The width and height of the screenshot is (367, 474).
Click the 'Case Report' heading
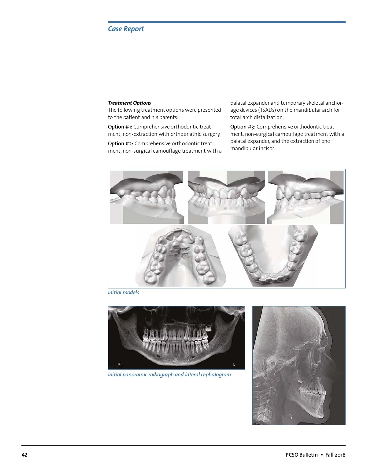126,29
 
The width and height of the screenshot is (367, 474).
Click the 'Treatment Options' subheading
129,103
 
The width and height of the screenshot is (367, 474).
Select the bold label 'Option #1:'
120,127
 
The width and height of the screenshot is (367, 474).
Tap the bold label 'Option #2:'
120,143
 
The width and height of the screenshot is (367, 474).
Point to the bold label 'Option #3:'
243,127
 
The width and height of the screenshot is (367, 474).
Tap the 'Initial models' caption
123,292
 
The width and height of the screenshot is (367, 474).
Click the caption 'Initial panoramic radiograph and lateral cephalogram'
169,374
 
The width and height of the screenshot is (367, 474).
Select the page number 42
24,455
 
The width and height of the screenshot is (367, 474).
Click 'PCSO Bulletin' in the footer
302,455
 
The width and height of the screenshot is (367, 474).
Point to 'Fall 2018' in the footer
335,455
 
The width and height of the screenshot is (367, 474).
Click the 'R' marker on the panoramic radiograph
119,364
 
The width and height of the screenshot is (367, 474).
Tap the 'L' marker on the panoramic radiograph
234,364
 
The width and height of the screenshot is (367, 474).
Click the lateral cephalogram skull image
299,366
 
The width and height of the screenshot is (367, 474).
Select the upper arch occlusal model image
180,256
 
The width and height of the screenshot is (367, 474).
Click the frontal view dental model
226,197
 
